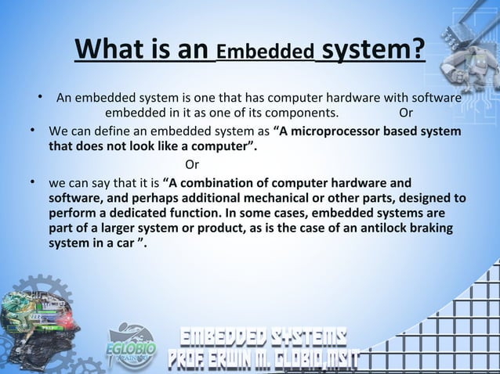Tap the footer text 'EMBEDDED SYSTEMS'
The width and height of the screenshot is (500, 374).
pos(265,336)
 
